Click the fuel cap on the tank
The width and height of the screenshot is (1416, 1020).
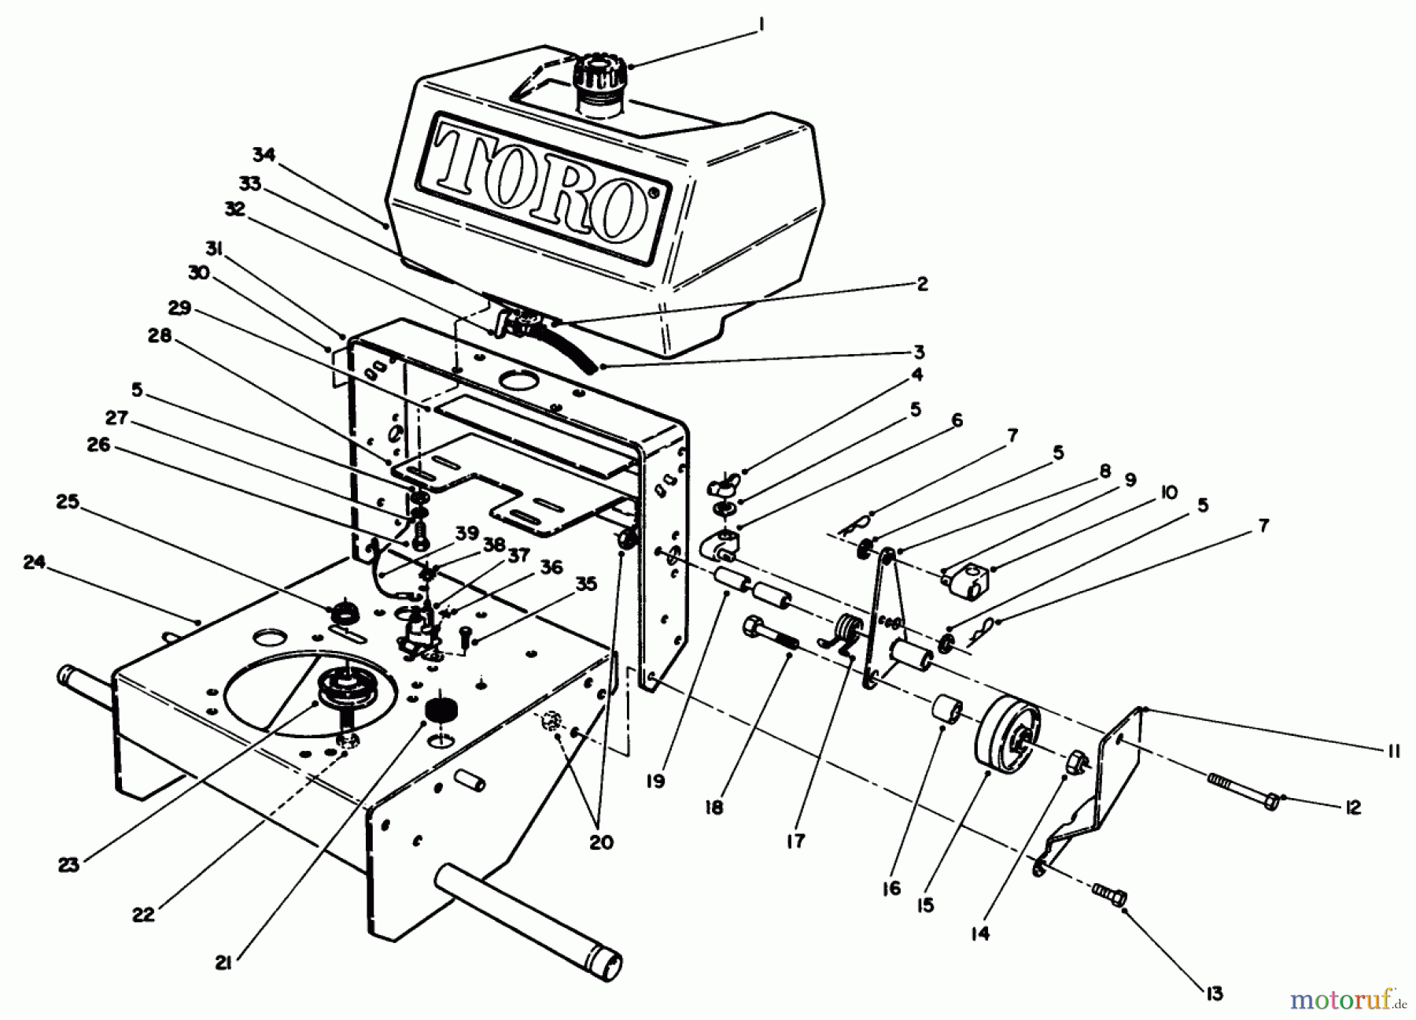tap(600, 73)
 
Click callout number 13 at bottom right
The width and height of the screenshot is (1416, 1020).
tap(1214, 994)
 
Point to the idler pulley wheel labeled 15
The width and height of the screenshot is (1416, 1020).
tap(1008, 738)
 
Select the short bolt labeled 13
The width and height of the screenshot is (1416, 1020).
tap(1110, 895)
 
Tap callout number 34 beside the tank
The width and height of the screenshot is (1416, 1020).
tap(264, 155)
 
